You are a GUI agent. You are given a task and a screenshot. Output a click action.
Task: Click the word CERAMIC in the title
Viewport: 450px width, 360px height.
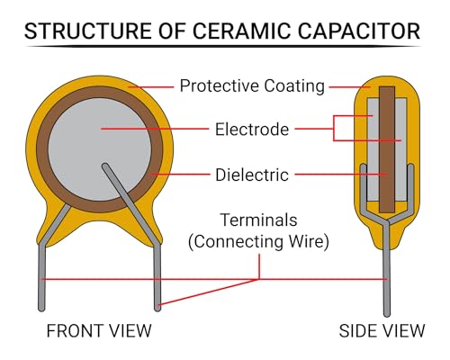241,31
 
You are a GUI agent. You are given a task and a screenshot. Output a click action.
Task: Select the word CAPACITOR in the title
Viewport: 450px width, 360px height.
359,31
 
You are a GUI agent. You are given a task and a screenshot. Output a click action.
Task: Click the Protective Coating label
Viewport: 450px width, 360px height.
252,86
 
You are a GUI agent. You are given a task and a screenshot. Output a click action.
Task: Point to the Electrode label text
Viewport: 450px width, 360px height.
252,130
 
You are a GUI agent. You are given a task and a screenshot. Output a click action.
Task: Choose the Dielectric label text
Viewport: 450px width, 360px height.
252,175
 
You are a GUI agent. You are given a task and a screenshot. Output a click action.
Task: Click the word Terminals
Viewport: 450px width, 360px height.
258,220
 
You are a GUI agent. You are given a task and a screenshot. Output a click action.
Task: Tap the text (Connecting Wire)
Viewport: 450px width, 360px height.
258,242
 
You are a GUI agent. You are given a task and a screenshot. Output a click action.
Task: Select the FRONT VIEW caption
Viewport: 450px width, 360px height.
99,331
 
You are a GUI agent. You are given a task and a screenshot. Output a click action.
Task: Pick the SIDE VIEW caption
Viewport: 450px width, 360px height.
382,331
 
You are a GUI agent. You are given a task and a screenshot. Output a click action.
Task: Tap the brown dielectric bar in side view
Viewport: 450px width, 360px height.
387,150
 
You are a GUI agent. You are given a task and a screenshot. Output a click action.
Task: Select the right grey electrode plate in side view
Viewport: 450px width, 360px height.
401,150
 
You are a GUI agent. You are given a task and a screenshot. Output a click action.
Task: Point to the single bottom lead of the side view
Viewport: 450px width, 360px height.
387,270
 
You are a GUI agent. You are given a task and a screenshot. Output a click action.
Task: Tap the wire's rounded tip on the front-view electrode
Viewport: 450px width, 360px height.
105,166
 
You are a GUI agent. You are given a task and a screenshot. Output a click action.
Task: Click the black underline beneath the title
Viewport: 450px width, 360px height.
222,47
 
